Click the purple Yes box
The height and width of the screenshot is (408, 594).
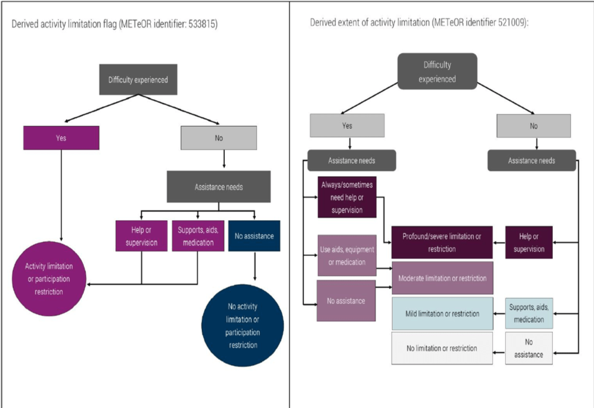click(61, 138)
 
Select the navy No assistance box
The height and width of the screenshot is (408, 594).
click(254, 236)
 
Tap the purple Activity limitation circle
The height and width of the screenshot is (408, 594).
click(49, 279)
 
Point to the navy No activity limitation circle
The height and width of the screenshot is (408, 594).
click(242, 325)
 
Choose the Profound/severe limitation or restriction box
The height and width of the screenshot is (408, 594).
click(441, 242)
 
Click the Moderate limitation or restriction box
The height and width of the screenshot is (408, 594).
click(442, 278)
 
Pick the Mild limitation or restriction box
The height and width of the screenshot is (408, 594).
click(442, 313)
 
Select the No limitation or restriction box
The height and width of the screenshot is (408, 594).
click(442, 348)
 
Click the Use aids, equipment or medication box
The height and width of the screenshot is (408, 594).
click(346, 256)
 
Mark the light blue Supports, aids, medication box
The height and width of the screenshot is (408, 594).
click(529, 313)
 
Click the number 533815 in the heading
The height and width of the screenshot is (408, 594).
click(204, 26)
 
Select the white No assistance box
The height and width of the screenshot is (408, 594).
click(529, 348)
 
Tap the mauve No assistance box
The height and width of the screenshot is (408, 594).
click(346, 301)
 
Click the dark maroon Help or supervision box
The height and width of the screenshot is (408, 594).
click(529, 242)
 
